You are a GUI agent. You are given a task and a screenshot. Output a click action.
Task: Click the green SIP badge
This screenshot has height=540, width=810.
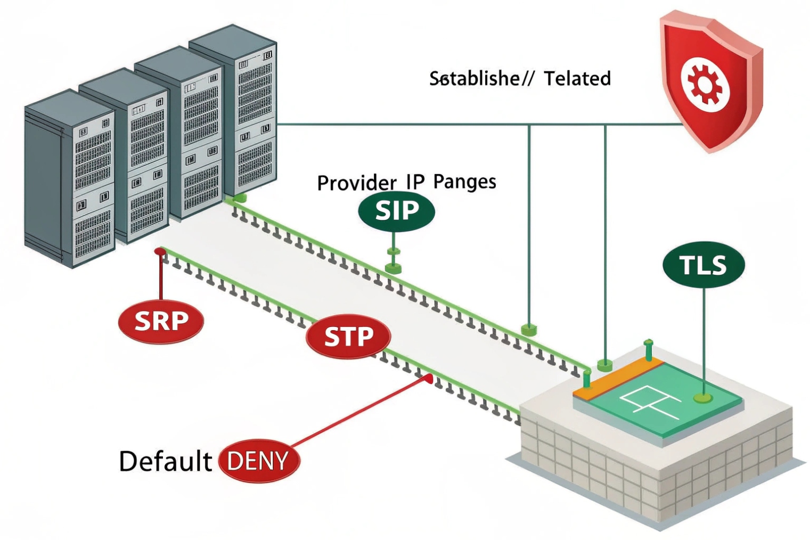coord(396,211)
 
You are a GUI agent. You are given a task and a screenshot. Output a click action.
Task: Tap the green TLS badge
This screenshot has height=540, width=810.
coord(703,265)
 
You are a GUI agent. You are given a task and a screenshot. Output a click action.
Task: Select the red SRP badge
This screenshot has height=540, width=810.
coord(161,321)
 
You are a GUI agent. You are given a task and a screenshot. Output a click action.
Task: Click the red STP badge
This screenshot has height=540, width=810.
coord(349,337)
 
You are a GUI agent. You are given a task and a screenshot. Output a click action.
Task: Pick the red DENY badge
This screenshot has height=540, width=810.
coord(259,461)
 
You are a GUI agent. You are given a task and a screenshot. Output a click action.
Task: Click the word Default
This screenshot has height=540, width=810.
coord(165,461)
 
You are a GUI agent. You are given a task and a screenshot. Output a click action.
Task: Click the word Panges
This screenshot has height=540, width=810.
coord(464,182)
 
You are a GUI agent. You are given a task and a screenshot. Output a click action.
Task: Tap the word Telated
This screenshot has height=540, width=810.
coord(577,79)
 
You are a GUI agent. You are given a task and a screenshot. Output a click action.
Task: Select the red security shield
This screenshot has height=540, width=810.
coord(711,80)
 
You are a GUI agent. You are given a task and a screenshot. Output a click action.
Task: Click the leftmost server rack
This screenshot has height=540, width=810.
coord(69,178)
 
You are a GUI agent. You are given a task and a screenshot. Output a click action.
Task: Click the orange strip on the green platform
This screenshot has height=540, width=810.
coord(618,379)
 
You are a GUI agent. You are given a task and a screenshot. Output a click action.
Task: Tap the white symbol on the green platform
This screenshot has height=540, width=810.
coord(647,401)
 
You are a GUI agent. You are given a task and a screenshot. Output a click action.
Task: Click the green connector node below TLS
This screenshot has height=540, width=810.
coord(703,397)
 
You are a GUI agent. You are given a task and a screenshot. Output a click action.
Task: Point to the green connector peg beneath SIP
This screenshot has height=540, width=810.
coord(393,265)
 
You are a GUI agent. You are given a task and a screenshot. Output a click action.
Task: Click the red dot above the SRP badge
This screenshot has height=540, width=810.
coord(159,251)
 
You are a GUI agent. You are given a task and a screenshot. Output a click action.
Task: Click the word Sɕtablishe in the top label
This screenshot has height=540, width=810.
coord(474,79)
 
